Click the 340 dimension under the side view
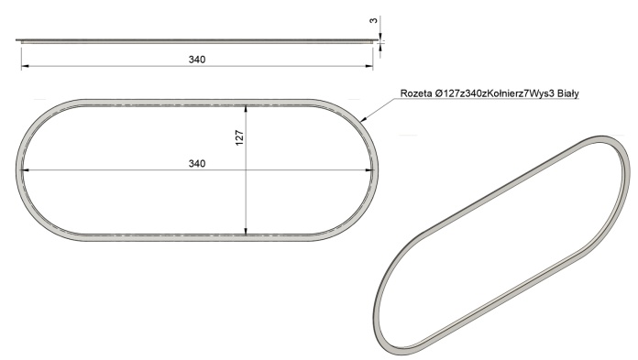coord(197,60)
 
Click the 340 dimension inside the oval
coord(197,164)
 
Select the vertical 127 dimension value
coord(239,138)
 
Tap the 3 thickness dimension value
coord(374,20)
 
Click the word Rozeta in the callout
coord(416,93)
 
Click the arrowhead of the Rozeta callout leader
coord(363,119)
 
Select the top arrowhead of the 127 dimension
coord(246,109)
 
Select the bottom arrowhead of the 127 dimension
coord(246,232)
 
